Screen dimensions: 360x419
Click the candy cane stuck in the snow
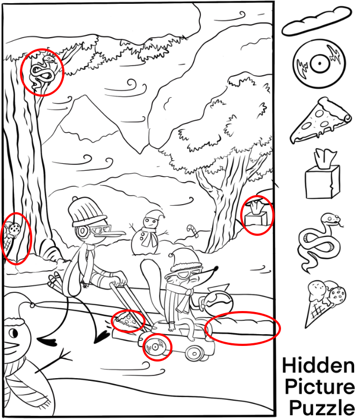pyautogui.click(x=193, y=230)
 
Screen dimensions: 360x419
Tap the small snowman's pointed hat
pyautogui.click(x=154, y=214)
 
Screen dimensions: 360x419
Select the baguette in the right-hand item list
pyautogui.click(x=316, y=21)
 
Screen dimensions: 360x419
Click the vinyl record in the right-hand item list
pyautogui.click(x=319, y=63)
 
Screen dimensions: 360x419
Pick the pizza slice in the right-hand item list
pyautogui.click(x=320, y=120)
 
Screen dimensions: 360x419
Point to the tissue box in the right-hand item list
pyautogui.click(x=323, y=175)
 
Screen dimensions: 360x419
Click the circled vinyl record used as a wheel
pyautogui.click(x=156, y=347)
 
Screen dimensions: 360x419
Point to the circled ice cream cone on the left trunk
pyautogui.click(x=11, y=236)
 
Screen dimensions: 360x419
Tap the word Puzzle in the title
pyautogui.click(x=322, y=409)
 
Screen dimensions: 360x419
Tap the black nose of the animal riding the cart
pyautogui.click(x=215, y=268)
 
